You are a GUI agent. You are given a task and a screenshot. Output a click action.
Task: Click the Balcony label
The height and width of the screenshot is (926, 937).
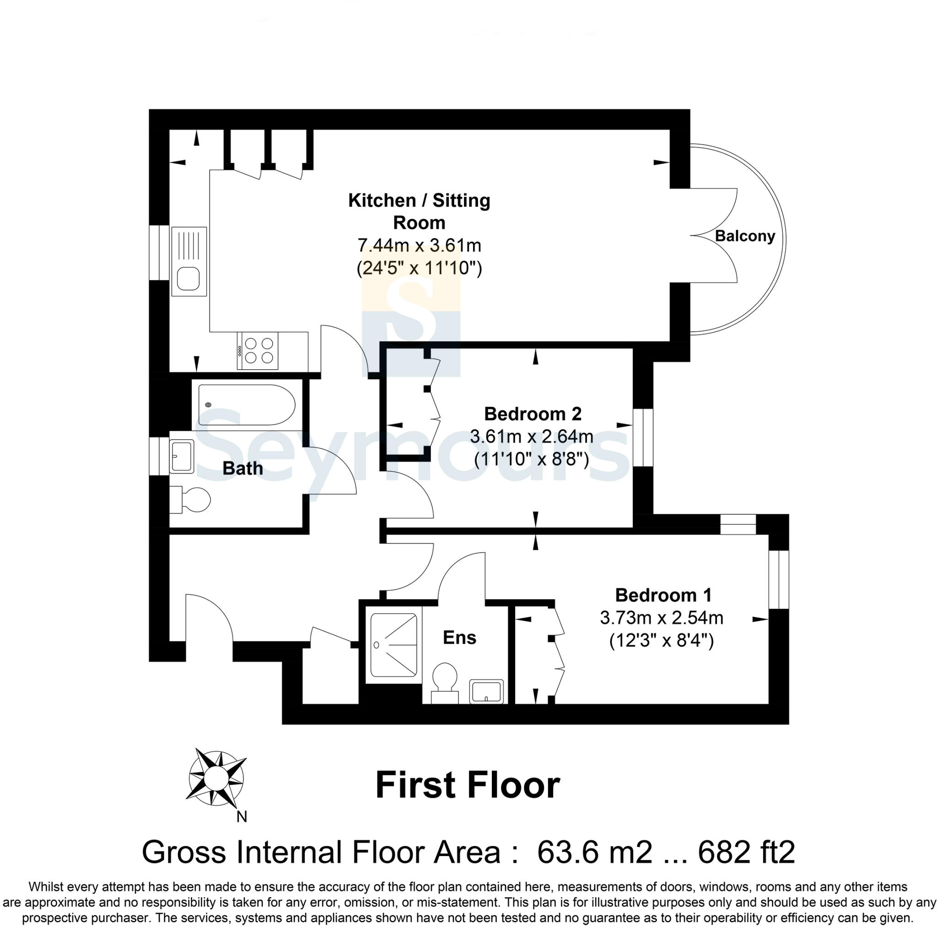pyautogui.click(x=745, y=236)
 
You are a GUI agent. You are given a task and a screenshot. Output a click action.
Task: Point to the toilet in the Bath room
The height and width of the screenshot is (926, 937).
pyautogui.click(x=192, y=500)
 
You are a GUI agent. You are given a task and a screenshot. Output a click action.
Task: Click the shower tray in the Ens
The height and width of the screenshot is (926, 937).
pyautogui.click(x=393, y=645)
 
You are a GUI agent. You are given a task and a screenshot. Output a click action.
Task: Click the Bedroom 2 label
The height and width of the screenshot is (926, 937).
pyautogui.click(x=533, y=414)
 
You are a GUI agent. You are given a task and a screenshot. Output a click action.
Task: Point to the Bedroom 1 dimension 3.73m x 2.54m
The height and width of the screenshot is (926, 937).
pyautogui.click(x=662, y=618)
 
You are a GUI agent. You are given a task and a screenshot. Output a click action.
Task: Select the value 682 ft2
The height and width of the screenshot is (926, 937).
pyautogui.click(x=746, y=852)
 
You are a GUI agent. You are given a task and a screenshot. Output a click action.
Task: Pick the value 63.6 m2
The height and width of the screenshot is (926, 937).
pyautogui.click(x=595, y=852)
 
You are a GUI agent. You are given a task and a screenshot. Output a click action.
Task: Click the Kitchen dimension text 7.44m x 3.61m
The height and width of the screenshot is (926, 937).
pyautogui.click(x=419, y=245)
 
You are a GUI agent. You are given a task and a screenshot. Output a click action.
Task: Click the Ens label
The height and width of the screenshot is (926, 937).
pyautogui.click(x=459, y=637)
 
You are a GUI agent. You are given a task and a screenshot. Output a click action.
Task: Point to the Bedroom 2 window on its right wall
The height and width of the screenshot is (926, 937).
pyautogui.click(x=643, y=437)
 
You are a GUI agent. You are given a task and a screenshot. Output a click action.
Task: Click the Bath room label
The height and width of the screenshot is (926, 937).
pyautogui.click(x=242, y=468)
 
